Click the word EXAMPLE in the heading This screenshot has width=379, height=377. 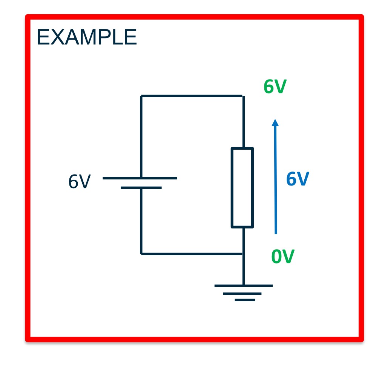87,38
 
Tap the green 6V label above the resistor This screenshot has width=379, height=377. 275,87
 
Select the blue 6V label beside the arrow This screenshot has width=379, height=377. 298,179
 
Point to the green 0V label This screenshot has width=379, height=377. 283,257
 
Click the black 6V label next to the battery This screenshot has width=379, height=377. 80,182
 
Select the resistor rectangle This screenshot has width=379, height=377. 242,188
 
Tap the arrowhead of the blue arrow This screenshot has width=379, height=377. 275,123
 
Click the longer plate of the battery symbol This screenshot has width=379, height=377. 140,178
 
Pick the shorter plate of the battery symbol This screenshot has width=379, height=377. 141,187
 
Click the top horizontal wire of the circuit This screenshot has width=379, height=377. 192,96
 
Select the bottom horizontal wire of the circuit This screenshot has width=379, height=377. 192,254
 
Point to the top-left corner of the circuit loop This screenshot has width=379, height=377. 141,96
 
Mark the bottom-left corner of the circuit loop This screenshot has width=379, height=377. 141,254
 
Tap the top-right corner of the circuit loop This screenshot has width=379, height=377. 243,96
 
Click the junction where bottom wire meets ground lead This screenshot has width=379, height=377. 243,254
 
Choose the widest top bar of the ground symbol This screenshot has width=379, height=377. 243,286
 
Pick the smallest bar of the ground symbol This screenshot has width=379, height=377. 245,300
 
